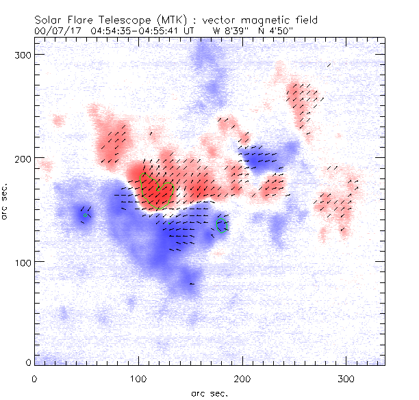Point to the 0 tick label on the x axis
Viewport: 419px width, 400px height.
click(x=34, y=378)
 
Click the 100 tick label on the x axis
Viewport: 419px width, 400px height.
click(x=138, y=378)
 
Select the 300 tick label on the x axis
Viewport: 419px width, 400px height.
click(x=346, y=378)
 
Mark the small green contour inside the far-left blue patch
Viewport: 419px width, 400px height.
click(x=86, y=215)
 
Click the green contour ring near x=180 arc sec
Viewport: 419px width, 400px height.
click(x=221, y=225)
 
